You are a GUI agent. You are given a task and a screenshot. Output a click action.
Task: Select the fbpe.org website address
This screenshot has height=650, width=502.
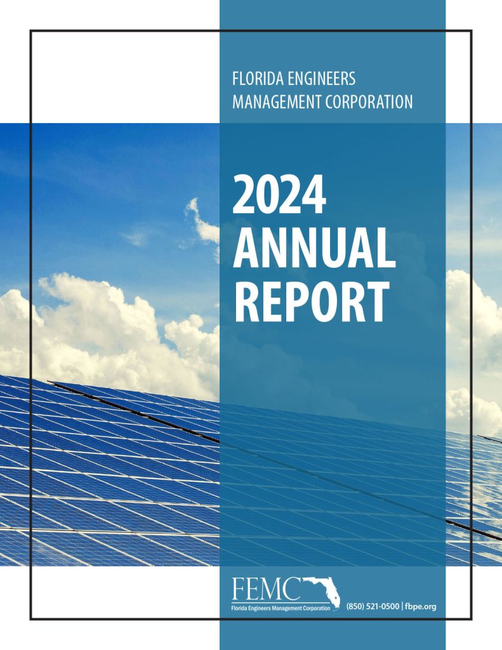coord(421,607)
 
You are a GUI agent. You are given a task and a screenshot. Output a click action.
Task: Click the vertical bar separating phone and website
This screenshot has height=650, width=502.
coord(402,607)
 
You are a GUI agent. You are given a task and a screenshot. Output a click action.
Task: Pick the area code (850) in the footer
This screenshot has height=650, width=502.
coord(356,607)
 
